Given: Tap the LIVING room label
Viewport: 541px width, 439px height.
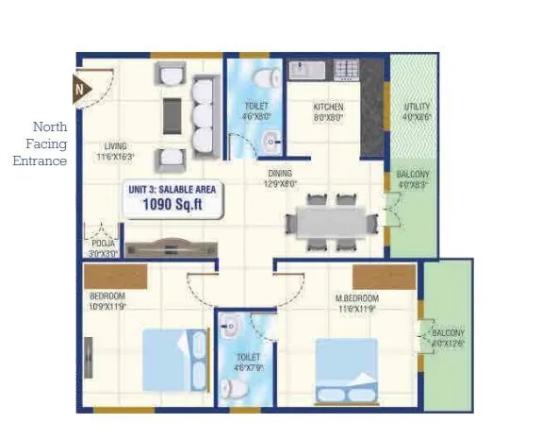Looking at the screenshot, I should [x=116, y=146].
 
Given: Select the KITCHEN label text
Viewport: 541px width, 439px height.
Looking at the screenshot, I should [x=328, y=108].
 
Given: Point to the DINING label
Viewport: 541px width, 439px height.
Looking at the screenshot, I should [x=280, y=174].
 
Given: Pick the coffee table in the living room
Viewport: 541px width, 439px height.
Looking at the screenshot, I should [x=172, y=115].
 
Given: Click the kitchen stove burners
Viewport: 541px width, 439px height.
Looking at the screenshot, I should [x=345, y=69].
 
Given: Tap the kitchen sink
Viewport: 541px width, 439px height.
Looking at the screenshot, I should [x=306, y=70].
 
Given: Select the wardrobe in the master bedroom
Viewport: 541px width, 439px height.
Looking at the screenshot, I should [x=379, y=277].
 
